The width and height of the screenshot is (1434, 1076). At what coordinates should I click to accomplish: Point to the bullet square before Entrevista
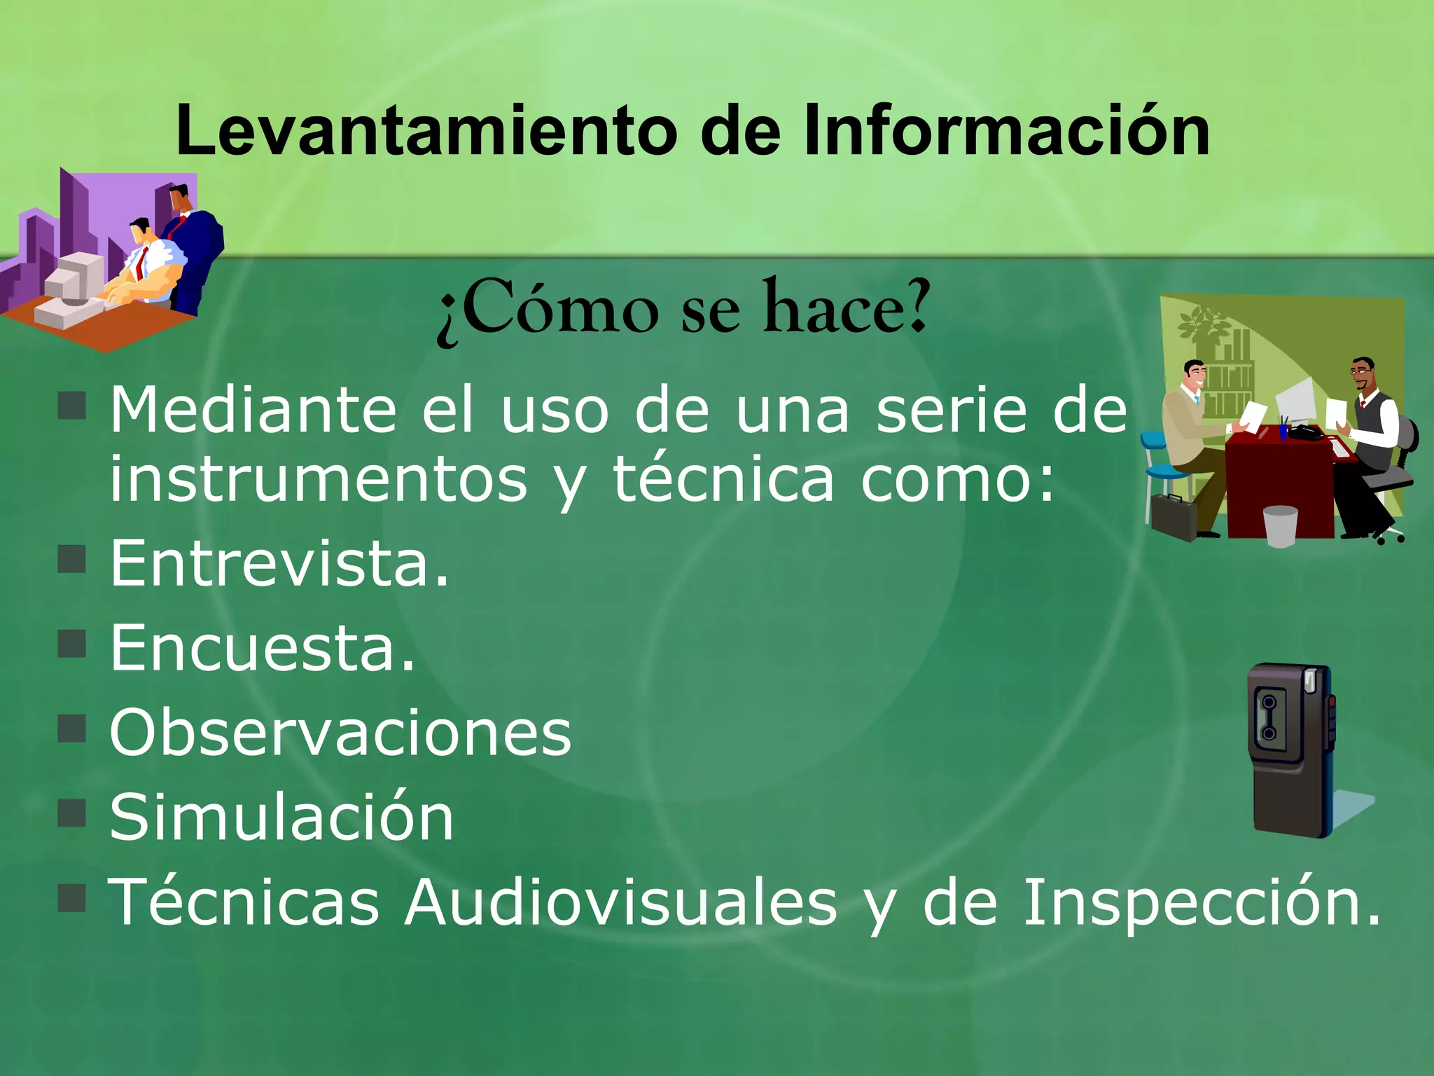[x=72, y=559]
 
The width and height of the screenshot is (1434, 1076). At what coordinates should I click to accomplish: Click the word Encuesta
[x=263, y=648]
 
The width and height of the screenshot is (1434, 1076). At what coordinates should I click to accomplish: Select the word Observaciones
[x=340, y=733]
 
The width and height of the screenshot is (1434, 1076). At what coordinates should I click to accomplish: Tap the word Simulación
[x=281, y=817]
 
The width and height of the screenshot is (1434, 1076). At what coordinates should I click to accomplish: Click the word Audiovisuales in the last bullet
[x=621, y=902]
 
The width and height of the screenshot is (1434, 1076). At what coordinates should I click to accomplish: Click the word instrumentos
[x=319, y=480]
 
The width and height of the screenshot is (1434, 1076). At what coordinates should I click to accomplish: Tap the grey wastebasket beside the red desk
[x=1280, y=525]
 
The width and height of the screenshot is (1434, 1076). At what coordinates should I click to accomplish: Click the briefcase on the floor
[x=1174, y=516]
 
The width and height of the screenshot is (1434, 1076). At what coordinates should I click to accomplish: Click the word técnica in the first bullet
[x=724, y=480]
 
